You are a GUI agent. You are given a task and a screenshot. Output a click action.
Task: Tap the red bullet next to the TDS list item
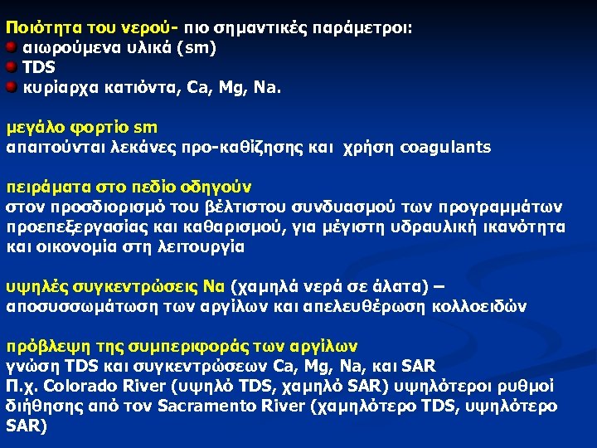click(11, 66)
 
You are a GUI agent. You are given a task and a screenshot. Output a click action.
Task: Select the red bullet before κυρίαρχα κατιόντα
click(11, 85)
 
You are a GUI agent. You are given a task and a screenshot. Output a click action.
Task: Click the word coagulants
click(445, 148)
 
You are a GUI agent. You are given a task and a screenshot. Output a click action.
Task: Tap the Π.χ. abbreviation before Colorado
click(22, 386)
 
